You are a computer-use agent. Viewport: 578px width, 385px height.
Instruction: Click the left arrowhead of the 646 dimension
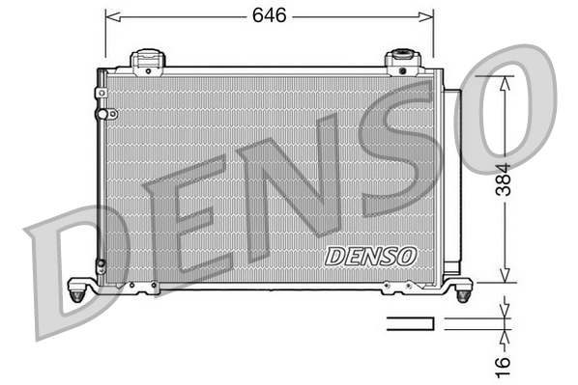(110, 16)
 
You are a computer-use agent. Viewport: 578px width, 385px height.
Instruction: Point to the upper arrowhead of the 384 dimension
(504, 81)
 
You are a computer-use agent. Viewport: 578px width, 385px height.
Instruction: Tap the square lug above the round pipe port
(101, 93)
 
